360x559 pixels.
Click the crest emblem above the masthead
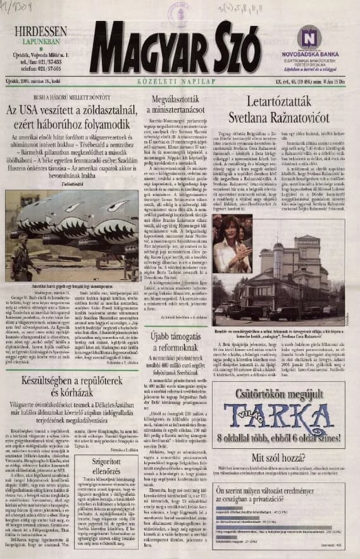click(x=180, y=16)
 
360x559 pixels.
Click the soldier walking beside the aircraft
click(x=20, y=250)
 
